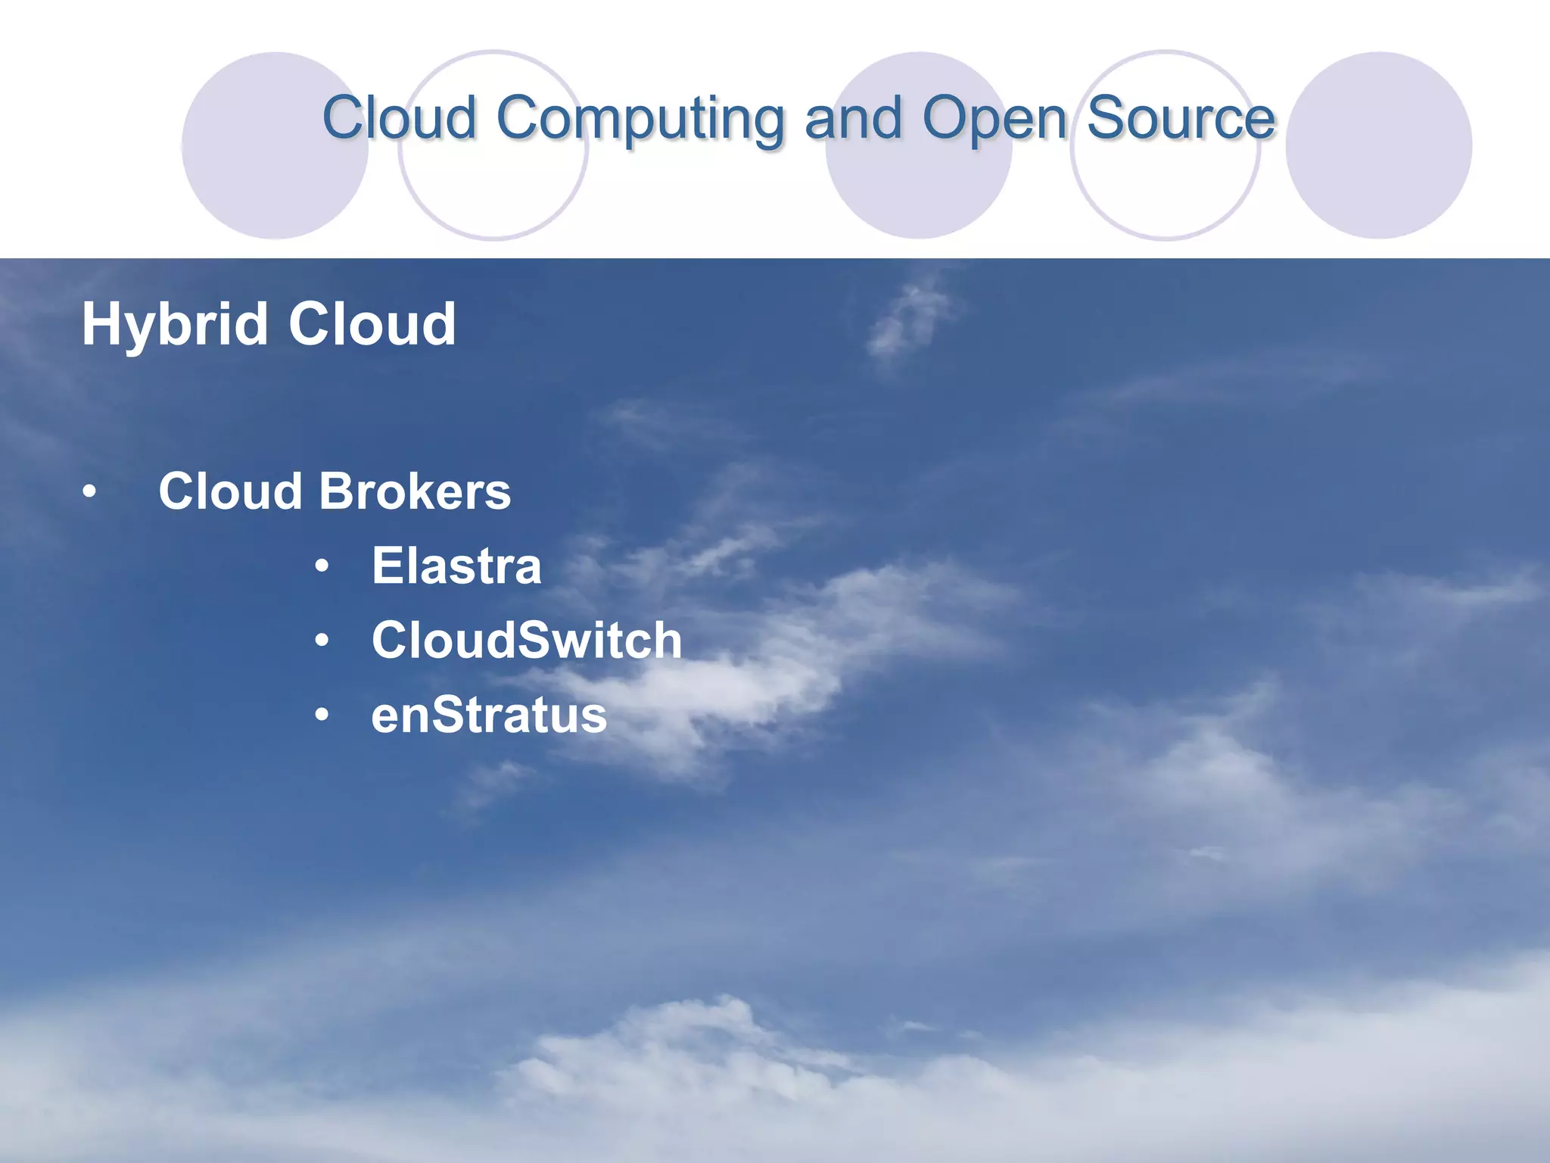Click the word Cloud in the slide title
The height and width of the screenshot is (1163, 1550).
pos(399,118)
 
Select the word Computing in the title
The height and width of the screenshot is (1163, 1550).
pos(640,120)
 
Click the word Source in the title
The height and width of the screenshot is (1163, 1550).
pos(1181,118)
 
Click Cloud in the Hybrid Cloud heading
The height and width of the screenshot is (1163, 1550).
pos(372,324)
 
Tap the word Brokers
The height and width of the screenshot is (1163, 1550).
pos(415,491)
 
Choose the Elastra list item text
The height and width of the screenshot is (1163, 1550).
pos(456,566)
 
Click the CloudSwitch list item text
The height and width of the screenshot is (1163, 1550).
pos(527,640)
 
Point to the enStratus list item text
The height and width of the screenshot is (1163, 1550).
pos(489,715)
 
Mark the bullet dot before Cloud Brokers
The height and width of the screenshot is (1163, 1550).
pos(90,493)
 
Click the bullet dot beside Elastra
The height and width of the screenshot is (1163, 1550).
pos(322,566)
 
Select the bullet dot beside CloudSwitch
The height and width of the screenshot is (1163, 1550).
pos(322,641)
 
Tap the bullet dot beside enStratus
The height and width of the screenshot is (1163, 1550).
pos(322,716)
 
